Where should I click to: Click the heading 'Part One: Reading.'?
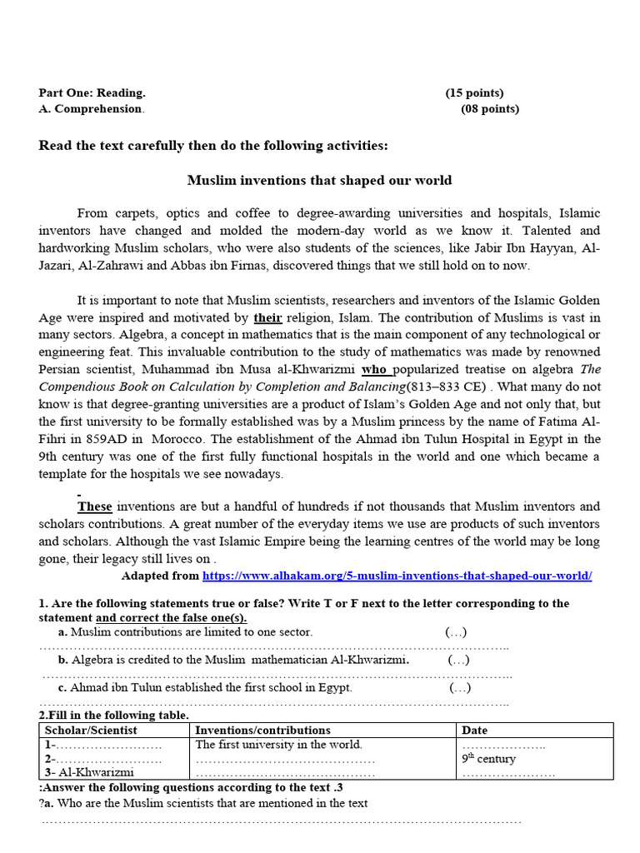[92, 93]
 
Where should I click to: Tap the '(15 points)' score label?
[474, 93]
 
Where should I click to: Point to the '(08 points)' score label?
[490, 108]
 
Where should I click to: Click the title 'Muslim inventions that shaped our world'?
[319, 180]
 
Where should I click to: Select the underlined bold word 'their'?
[267, 317]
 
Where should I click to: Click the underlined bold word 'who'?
[375, 368]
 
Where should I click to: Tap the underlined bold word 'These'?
[95, 506]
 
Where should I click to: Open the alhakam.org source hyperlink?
[397, 576]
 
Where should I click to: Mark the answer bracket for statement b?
[458, 661]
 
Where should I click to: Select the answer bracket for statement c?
[460, 688]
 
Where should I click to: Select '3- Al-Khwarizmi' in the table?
[89, 772]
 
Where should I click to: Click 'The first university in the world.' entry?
[278, 745]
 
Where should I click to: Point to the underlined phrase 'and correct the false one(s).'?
[172, 618]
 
